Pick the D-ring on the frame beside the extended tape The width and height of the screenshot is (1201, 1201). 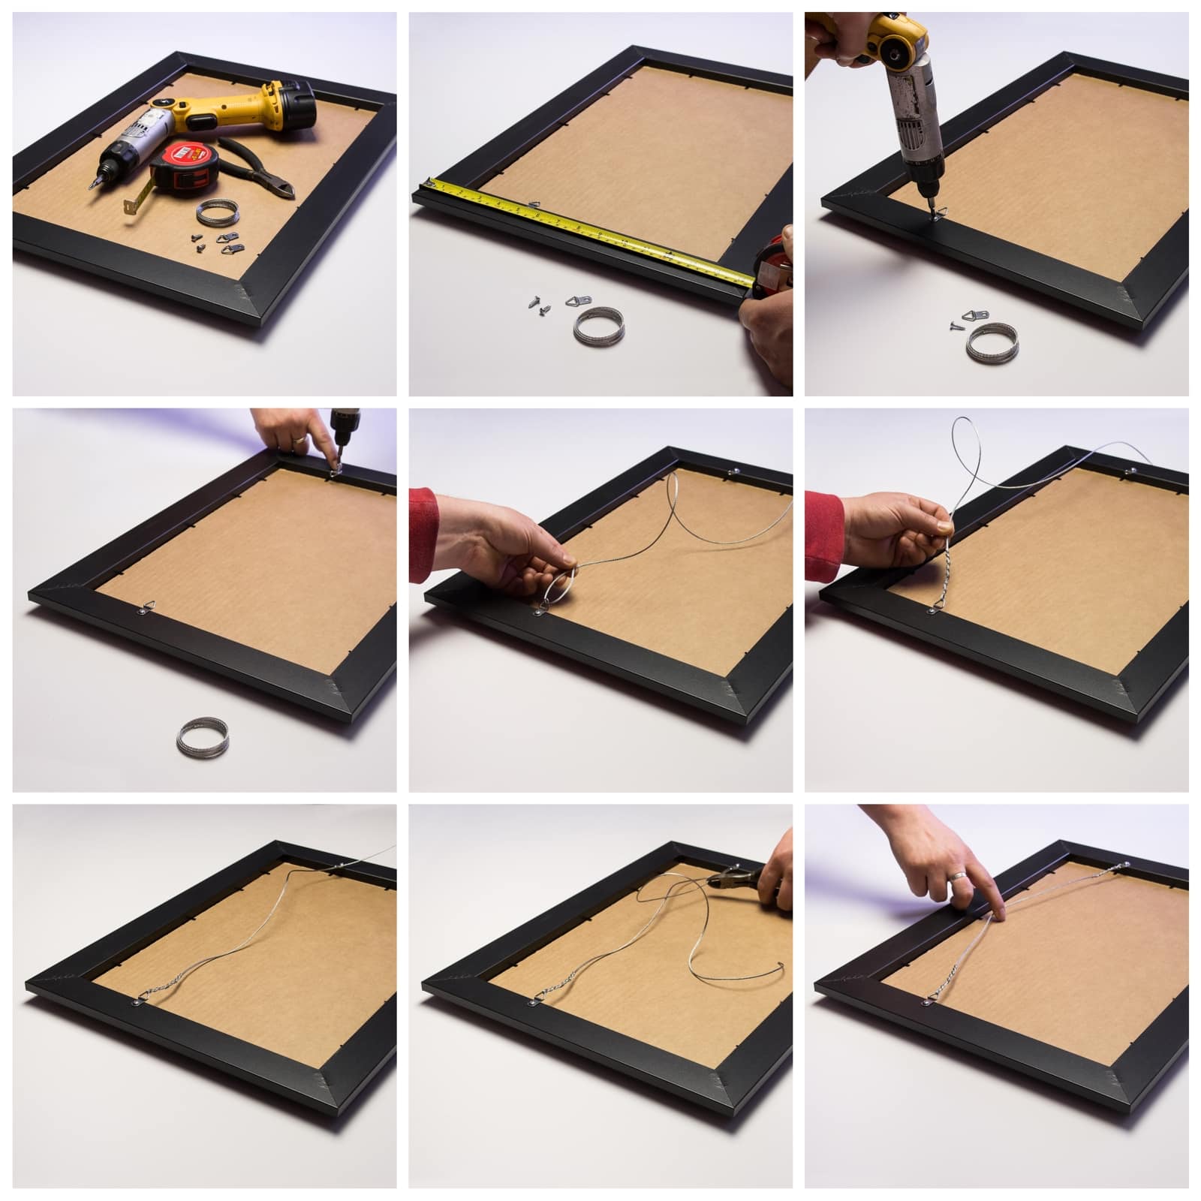tap(534, 204)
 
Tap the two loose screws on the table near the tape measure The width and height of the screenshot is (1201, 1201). tap(539, 305)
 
